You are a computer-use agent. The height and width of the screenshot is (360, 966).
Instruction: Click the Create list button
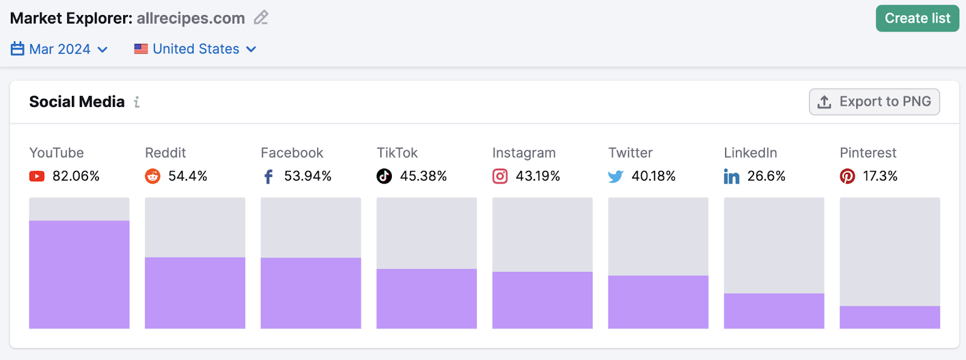coord(917,19)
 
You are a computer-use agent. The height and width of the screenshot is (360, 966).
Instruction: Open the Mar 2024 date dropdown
coord(60,49)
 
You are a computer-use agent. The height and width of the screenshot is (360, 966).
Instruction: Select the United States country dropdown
coord(196,49)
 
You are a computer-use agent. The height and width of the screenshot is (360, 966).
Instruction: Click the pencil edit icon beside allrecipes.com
coord(261,18)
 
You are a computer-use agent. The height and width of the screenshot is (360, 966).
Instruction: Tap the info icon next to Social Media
coord(137,102)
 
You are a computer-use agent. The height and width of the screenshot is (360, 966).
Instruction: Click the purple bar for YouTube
coord(79,275)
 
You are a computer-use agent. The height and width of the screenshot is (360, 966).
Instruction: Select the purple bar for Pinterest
coord(889,317)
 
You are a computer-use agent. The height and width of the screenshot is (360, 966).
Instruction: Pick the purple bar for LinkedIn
coord(773,311)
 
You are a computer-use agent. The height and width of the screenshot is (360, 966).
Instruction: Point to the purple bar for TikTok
coord(426,298)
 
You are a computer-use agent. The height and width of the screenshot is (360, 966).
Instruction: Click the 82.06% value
coord(76,176)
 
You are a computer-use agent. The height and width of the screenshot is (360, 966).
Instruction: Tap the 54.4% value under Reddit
coord(188,176)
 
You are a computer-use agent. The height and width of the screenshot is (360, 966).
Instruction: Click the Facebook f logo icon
coord(269,176)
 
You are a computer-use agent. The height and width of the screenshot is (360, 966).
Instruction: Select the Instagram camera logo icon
coord(500,176)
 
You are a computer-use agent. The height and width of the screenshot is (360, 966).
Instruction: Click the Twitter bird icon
coord(615,176)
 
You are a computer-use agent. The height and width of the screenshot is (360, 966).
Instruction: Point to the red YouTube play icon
coord(37,176)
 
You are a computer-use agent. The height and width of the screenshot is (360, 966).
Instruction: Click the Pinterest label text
coord(868,153)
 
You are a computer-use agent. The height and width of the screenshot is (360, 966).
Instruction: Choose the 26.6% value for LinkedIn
coord(766,176)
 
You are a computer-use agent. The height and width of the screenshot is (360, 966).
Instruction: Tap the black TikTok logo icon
coord(384,176)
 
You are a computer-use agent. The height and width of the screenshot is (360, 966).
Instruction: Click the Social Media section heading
coord(77,102)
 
